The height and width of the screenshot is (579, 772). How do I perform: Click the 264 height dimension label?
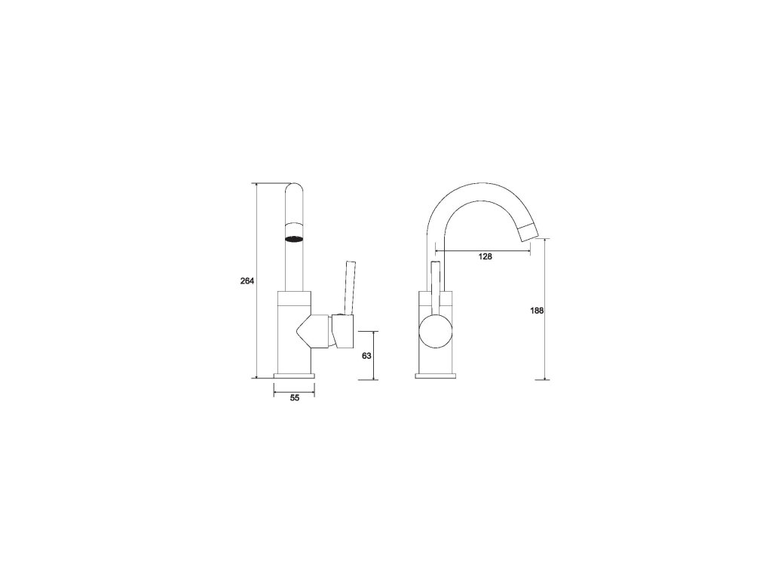coord(247,281)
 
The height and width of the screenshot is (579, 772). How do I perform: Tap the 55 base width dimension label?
coord(295,398)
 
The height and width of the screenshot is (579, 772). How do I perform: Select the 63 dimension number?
coord(366,356)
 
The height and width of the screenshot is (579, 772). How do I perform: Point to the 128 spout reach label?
coord(486,256)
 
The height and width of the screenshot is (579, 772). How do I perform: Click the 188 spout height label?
coord(537,311)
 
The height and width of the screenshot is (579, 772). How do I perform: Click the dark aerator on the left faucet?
coord(295,239)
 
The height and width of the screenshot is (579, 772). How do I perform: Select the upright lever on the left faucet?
coord(350,287)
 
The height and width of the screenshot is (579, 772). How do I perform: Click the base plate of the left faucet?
coord(294,376)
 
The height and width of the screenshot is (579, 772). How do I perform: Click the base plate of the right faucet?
coord(436,376)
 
